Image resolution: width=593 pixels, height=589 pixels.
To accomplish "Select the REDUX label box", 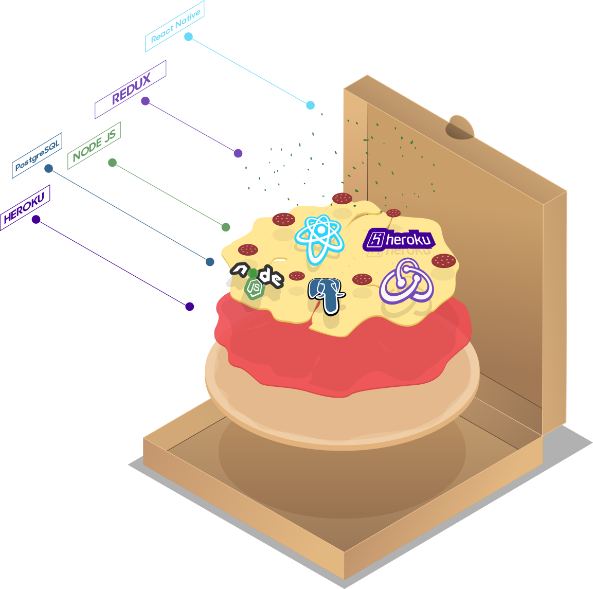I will (x=131, y=90).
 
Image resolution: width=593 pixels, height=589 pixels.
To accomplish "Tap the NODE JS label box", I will (x=94, y=146).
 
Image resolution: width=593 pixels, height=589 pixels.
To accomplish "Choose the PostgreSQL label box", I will (x=37, y=155).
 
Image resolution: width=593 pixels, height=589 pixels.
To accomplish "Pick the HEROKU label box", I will (x=25, y=208).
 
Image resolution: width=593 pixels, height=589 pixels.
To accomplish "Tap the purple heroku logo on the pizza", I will (x=399, y=239).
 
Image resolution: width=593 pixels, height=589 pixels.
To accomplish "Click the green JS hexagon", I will (x=255, y=290).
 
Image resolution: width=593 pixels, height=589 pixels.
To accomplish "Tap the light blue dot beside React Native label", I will (x=189, y=37).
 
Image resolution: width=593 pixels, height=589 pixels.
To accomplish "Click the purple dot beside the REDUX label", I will (x=146, y=101).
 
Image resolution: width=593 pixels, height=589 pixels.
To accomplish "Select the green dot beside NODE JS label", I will (x=113, y=163).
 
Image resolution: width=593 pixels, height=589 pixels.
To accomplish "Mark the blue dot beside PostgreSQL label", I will (x=48, y=169).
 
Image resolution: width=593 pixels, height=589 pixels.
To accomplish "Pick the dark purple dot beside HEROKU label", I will (x=36, y=220).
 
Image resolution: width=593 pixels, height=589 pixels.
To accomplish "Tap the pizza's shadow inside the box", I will (x=342, y=473).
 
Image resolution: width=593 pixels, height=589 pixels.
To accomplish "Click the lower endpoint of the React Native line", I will (x=310, y=105).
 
